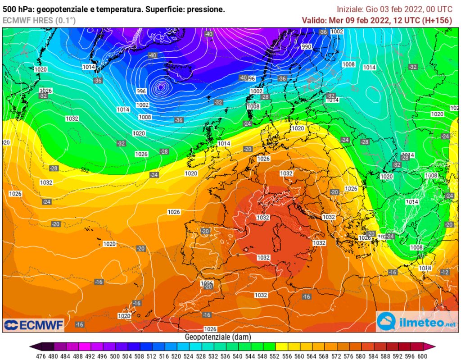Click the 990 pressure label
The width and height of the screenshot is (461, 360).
(x=307, y=47)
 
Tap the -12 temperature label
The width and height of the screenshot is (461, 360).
(x=445, y=272)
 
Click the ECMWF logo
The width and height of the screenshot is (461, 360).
(x=34, y=324)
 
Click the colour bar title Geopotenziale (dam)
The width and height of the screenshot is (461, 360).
(x=218, y=337)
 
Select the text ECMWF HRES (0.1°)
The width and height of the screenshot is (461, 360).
(x=39, y=20)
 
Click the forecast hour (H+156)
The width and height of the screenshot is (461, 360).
(x=437, y=20)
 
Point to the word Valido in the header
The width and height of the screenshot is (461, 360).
(x=313, y=20)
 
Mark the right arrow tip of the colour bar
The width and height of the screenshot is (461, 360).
(x=435, y=346)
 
